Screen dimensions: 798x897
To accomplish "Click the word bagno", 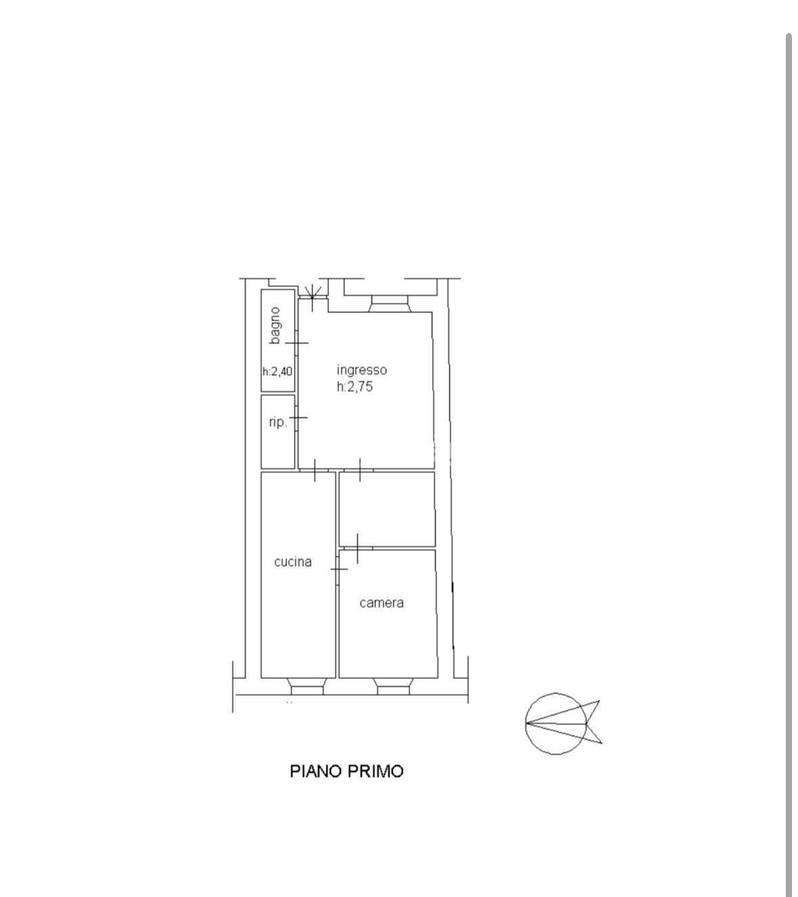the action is point(275,326).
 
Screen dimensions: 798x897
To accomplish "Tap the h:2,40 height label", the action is point(278,371).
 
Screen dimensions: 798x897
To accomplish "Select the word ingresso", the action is point(361,370).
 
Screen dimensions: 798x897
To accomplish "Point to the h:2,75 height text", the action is point(355,387).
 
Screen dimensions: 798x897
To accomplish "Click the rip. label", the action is point(278,422).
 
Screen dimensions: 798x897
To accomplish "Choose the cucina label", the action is point(292,562).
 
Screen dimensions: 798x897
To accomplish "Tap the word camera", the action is point(382,603).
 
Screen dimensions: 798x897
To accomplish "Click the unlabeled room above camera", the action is point(387,509).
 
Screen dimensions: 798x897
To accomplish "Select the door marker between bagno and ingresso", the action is point(296,343).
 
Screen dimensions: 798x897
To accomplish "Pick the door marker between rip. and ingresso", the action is point(298,417).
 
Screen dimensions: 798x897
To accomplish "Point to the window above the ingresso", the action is point(389,304).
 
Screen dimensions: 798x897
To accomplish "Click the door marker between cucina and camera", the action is point(338,569).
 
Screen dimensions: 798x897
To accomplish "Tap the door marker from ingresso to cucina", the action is point(315,471).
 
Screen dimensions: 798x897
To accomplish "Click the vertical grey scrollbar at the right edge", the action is point(789,465).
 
